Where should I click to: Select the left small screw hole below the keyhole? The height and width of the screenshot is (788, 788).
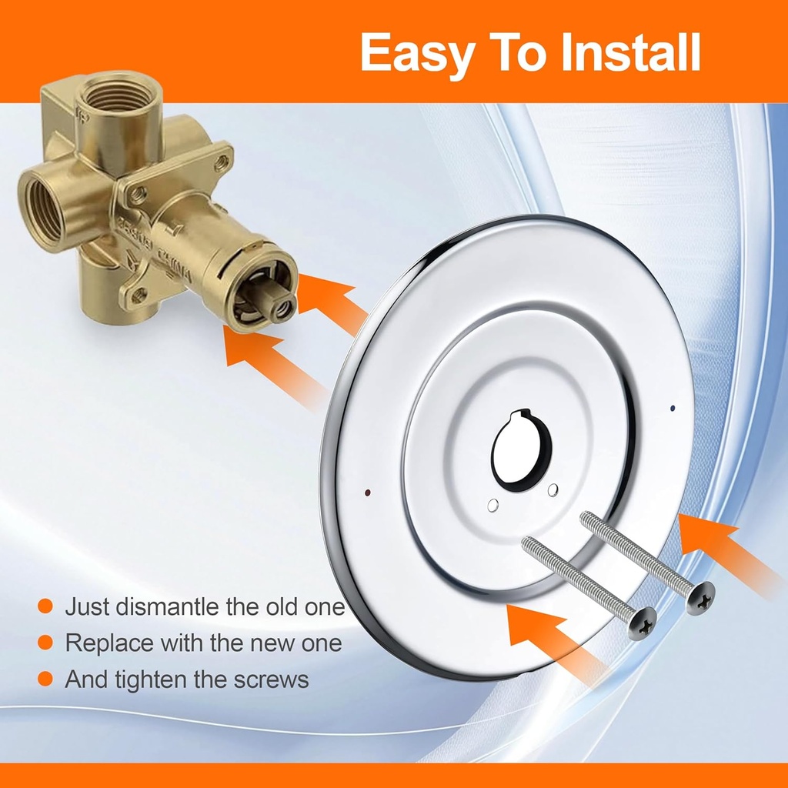tap(493, 506)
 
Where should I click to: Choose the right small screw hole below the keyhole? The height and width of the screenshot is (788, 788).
tap(552, 490)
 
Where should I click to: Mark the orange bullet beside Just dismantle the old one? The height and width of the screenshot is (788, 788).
tap(45, 606)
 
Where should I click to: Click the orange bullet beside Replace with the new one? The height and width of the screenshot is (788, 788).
tap(45, 643)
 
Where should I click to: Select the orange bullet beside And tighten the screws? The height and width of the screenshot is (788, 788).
tap(45, 679)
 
